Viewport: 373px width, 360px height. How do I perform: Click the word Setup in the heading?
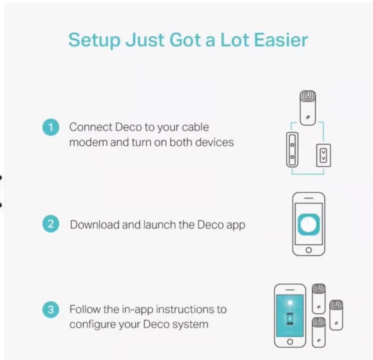(x=94, y=40)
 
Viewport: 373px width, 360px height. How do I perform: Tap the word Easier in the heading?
(x=281, y=40)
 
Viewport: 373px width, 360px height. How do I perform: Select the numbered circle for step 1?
(x=51, y=127)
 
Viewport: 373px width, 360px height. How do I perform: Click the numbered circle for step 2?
(x=51, y=224)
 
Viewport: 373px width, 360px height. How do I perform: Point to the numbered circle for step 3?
(x=51, y=310)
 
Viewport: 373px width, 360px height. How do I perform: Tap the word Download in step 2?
(x=95, y=225)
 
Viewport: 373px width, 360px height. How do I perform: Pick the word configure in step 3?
(x=92, y=325)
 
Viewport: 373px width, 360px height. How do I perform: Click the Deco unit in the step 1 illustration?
(x=308, y=108)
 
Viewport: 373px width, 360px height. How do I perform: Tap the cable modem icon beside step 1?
(x=292, y=150)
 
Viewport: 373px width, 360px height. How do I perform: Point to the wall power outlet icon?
(x=323, y=155)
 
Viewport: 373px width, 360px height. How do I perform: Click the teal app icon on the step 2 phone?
(x=309, y=224)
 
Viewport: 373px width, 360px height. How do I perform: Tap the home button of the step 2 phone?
(x=309, y=250)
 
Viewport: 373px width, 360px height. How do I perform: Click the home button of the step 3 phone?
(x=290, y=342)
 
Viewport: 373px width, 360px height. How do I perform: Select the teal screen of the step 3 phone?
(x=290, y=315)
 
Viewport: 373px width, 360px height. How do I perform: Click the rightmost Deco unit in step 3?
(x=336, y=315)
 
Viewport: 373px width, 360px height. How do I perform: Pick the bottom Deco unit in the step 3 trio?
(x=319, y=332)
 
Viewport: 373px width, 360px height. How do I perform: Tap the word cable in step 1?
(x=195, y=127)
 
